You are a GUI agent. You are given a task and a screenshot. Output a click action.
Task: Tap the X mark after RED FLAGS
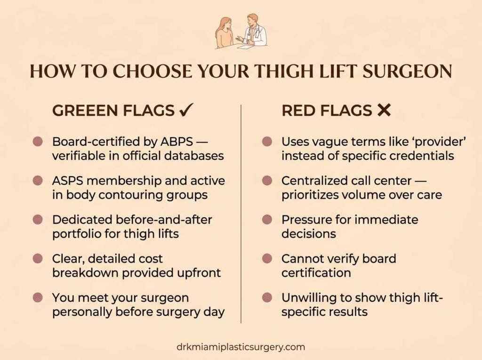[x=384, y=111]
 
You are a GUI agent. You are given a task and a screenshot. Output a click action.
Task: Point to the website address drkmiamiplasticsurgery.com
[x=241, y=347]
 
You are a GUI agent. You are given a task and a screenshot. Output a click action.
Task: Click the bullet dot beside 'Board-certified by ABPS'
[x=38, y=142]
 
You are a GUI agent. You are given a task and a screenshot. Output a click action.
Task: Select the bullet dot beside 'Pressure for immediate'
[x=267, y=220]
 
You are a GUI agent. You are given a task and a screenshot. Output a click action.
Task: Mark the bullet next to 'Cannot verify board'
[x=267, y=259]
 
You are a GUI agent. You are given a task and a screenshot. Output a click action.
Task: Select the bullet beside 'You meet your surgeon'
[x=38, y=298]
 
